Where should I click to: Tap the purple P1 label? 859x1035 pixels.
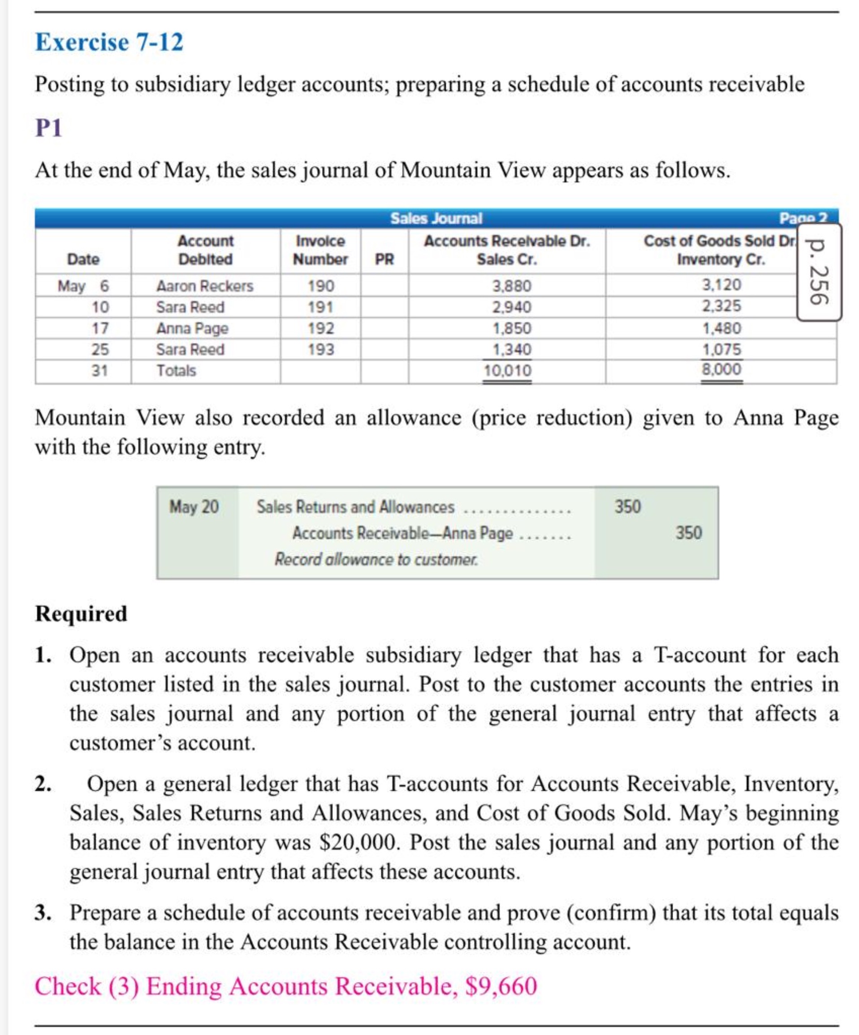click(48, 128)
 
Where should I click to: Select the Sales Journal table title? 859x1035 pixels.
click(436, 218)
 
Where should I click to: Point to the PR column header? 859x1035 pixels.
click(384, 259)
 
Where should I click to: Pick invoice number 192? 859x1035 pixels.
click(320, 328)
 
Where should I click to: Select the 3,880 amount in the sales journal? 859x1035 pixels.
click(512, 286)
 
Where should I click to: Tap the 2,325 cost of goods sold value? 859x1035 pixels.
click(721, 307)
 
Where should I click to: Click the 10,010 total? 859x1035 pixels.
click(507, 371)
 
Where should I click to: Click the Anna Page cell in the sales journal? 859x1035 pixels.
click(192, 328)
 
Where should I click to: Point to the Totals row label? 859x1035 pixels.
click(176, 371)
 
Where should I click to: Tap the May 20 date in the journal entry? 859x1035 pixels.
click(194, 507)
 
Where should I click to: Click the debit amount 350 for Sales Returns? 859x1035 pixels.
click(627, 507)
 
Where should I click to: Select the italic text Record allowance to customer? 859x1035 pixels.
click(376, 559)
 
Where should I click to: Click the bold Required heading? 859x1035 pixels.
click(81, 614)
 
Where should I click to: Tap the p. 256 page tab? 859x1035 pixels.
click(819, 272)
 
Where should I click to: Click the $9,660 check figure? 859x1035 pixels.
click(501, 986)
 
